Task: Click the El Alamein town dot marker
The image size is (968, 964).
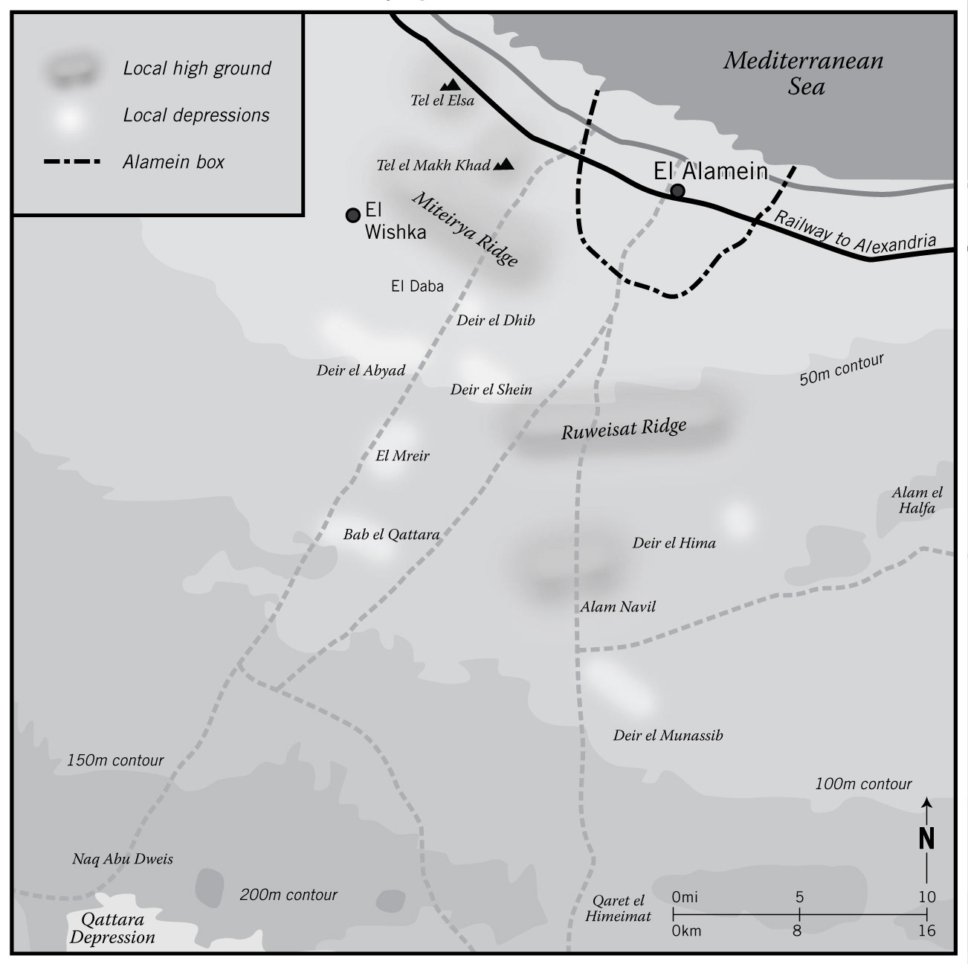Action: [677, 191]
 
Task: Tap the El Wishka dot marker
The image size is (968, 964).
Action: [353, 215]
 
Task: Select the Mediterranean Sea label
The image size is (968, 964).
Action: [804, 73]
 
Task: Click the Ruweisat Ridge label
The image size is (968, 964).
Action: [623, 428]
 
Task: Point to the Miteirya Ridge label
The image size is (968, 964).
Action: [465, 229]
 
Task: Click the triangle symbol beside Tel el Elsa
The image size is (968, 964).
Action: [449, 86]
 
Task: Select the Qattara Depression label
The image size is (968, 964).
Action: [113, 928]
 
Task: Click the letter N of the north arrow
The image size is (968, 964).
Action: [926, 838]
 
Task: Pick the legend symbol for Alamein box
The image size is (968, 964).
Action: [71, 161]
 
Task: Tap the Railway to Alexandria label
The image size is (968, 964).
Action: [855, 234]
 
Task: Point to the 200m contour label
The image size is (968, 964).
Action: [288, 895]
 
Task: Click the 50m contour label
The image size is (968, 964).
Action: [842, 369]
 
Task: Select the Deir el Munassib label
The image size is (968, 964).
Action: [668, 735]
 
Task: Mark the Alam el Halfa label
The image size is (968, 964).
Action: [917, 500]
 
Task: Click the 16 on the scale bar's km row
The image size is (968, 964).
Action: [926, 931]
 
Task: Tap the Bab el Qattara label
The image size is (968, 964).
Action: [391, 534]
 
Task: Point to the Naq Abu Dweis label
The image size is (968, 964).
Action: [123, 859]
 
